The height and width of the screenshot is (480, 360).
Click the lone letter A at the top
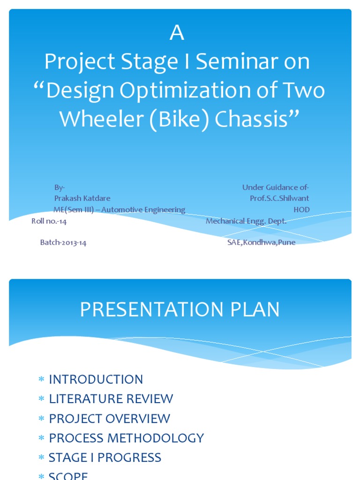[x=177, y=34]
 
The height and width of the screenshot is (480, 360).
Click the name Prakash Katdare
[x=82, y=198]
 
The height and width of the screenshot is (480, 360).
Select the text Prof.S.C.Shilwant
[x=279, y=198]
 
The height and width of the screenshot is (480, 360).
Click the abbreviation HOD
[x=301, y=210]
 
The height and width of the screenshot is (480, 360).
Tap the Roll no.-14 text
[x=49, y=221]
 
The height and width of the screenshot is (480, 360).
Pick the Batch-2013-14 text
[x=63, y=243]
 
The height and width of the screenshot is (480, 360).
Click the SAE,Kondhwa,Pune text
[x=261, y=243]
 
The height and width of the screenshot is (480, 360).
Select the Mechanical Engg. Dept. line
[x=246, y=221]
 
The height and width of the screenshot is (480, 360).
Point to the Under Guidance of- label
[x=276, y=187]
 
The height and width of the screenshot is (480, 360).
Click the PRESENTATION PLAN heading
[x=180, y=310]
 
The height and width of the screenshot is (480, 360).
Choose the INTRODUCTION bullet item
[x=96, y=379]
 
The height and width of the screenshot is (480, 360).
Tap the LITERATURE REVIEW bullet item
[x=111, y=399]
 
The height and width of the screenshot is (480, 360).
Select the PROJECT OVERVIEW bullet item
[x=110, y=419]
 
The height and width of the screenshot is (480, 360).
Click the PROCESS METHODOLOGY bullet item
[x=127, y=438]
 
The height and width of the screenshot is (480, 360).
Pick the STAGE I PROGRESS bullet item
[x=105, y=458]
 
